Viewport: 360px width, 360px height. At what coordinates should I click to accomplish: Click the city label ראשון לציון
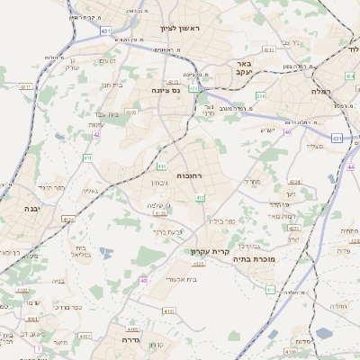pyautogui.click(x=184, y=28)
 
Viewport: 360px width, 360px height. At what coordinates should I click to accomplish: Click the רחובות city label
pyautogui.click(x=192, y=175)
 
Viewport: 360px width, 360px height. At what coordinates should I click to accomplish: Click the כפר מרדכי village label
pyautogui.click(x=62, y=307)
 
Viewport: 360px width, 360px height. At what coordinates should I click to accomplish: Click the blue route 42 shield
pyautogui.click(x=96, y=134)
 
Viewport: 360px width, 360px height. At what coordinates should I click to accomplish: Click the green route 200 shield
pyautogui.click(x=262, y=94)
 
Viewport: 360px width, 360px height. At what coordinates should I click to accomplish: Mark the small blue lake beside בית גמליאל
pyautogui.click(x=106, y=255)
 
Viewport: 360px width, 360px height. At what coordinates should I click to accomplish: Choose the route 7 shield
pyautogui.click(x=38, y=348)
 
